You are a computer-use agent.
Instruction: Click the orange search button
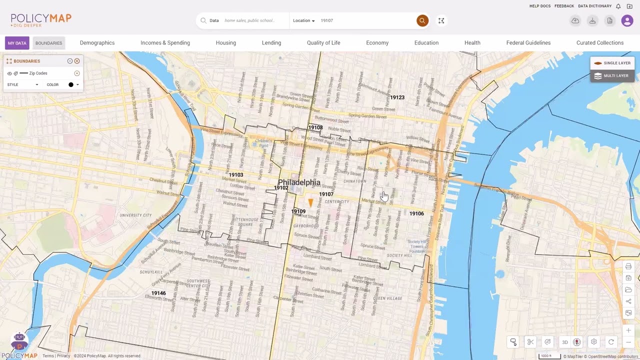coord(422,20)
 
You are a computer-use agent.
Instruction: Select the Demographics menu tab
coord(97,43)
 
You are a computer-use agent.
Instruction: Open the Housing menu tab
coord(225,43)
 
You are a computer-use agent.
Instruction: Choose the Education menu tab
coord(426,43)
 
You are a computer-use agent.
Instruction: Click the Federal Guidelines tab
coord(528,43)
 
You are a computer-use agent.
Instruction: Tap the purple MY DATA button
coord(17,43)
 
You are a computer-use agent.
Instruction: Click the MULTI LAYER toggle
coord(612,76)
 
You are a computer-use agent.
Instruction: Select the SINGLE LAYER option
coord(612,63)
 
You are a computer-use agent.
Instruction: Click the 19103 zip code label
coord(236,175)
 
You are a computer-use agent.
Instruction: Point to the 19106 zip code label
coord(416,213)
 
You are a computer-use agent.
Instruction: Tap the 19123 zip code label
coord(397,97)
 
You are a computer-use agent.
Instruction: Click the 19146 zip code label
coord(158,293)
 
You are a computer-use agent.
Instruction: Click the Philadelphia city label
coord(299,182)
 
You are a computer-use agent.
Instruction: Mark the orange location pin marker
coord(310,202)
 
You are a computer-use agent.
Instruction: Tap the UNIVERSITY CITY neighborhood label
coord(135,215)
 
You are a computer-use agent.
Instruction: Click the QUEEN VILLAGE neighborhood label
coord(387,298)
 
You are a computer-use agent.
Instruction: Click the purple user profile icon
coord(627,20)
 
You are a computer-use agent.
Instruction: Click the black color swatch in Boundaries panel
coord(71,85)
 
